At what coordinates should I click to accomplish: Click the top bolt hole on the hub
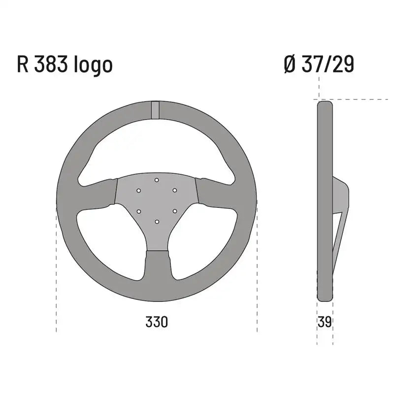tap(157, 180)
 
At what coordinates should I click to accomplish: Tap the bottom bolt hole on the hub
tap(157, 222)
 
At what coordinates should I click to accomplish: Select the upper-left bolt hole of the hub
tap(139, 190)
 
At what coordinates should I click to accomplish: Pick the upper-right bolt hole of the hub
tap(174, 190)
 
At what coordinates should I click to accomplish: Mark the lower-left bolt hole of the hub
tap(139, 211)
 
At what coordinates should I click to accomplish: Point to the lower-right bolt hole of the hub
tap(174, 211)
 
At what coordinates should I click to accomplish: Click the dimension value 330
tap(157, 322)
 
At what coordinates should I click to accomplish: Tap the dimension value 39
tap(325, 322)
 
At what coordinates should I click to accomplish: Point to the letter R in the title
tap(23, 65)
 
